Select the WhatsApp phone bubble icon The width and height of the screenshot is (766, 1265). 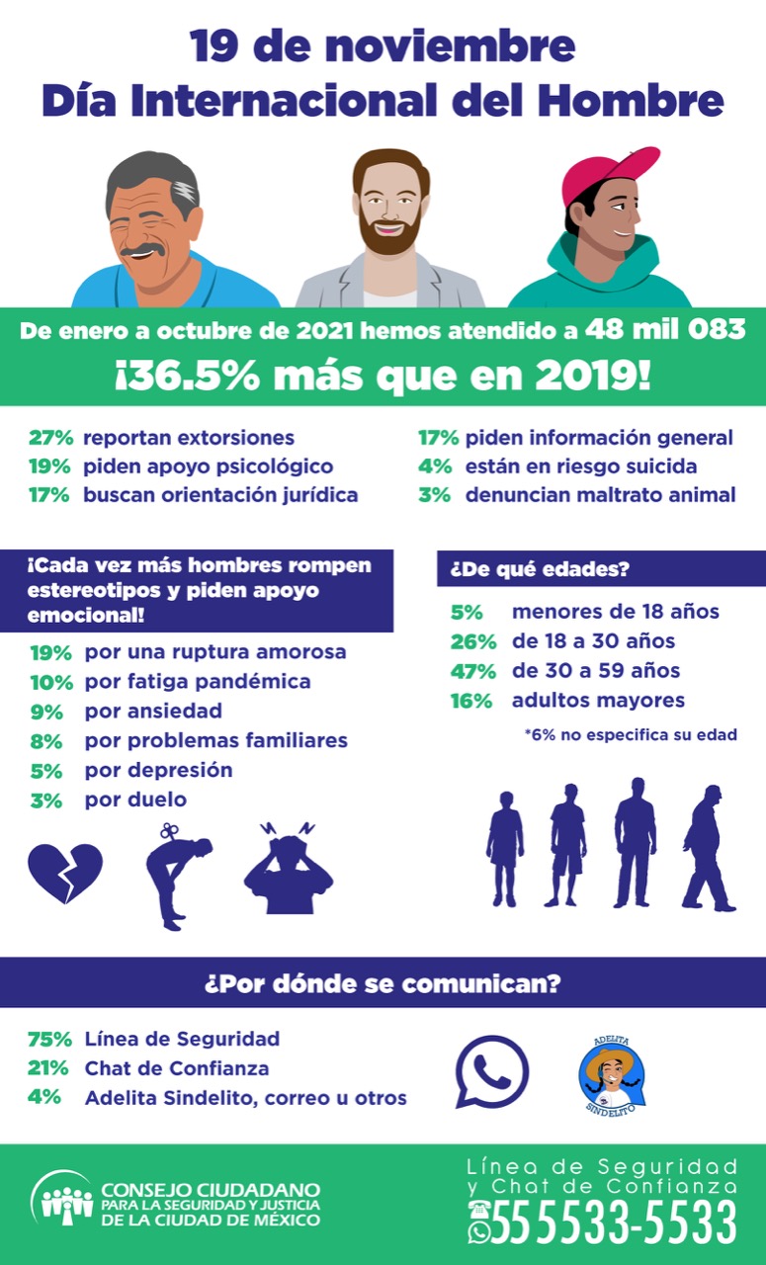click(491, 1071)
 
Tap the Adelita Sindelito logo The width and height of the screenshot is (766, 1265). click(612, 1075)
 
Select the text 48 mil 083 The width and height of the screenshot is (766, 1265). click(664, 329)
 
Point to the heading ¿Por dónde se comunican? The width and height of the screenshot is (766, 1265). click(383, 984)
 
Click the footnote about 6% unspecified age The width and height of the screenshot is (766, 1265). click(630, 734)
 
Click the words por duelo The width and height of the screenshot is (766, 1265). click(135, 799)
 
